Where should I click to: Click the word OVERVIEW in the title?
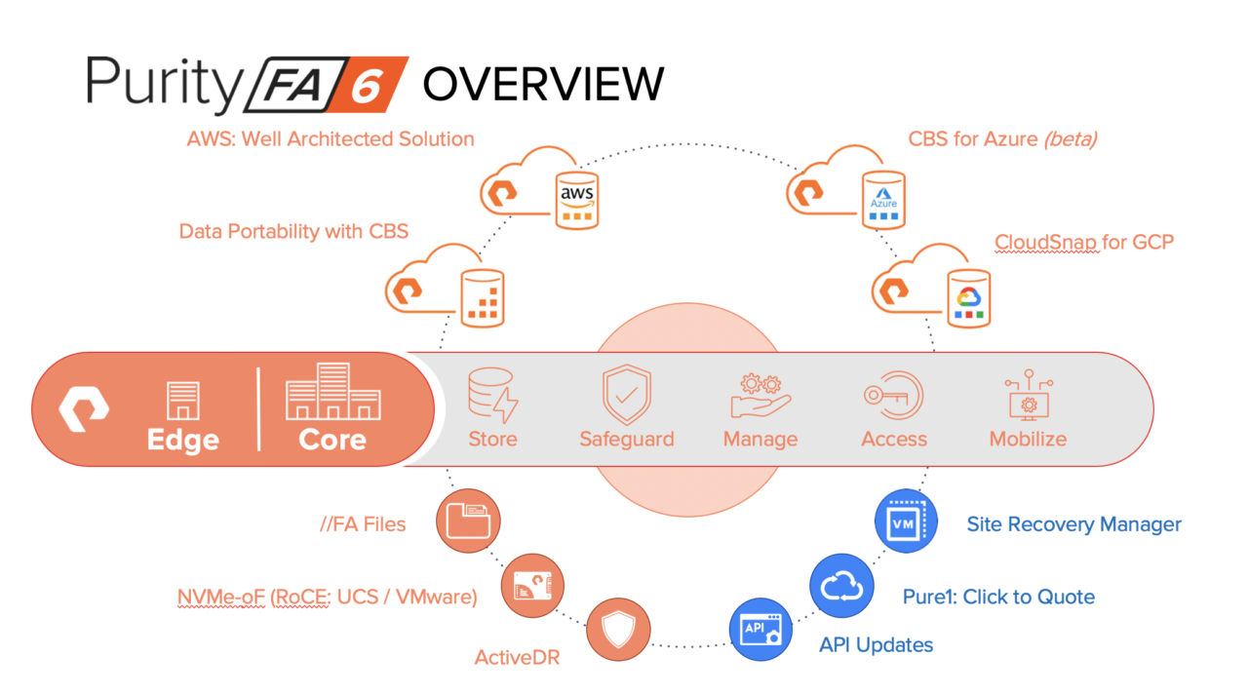tap(543, 84)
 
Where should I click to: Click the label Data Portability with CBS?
tap(293, 231)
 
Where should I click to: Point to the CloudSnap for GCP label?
tap(1083, 242)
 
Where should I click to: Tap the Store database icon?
tap(492, 395)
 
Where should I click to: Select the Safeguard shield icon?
tap(627, 395)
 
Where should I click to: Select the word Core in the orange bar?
tap(332, 440)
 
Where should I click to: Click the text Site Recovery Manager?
tap(1073, 524)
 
